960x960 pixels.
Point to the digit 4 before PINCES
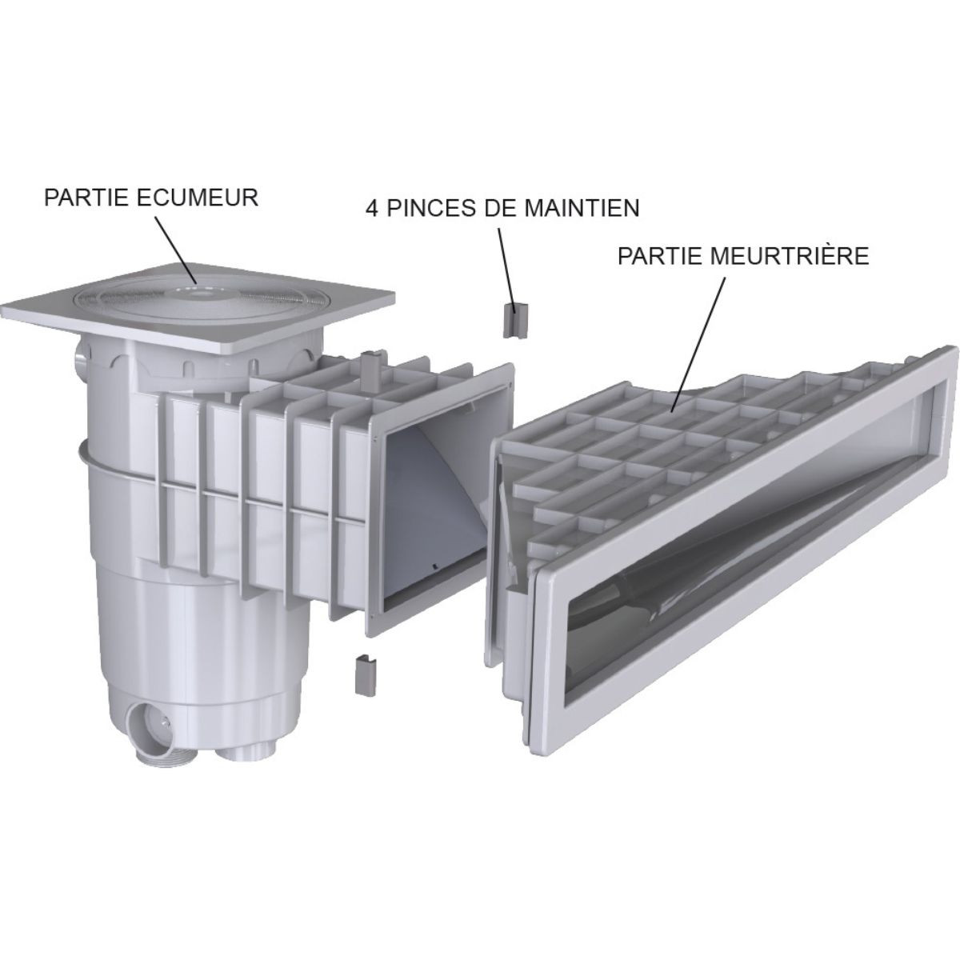372,208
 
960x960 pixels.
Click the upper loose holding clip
513,321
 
